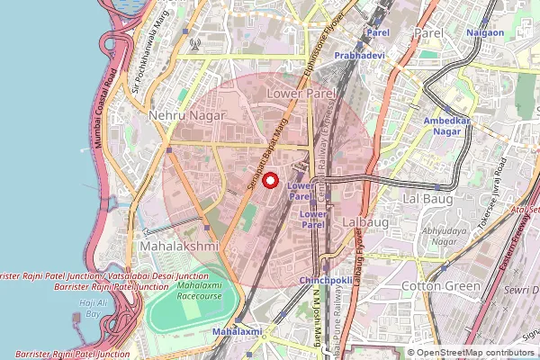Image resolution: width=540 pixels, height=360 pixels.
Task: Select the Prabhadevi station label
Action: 360,55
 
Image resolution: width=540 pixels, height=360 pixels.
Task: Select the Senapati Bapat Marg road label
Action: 265,152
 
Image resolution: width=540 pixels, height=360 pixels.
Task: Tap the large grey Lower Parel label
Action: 301,93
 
